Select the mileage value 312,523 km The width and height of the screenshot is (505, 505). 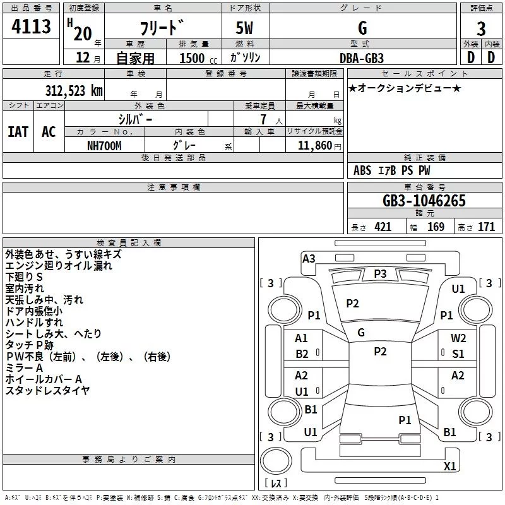coord(74,90)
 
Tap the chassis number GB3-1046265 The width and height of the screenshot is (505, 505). coord(424,201)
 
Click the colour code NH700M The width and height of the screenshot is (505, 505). coord(105,145)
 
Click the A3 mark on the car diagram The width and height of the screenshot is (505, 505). coord(309,258)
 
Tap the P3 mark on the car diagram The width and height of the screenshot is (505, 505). coord(380,273)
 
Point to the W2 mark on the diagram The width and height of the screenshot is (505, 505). coord(458,338)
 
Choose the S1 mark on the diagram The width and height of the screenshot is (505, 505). coord(458,354)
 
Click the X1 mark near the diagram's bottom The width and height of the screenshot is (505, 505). coord(450,466)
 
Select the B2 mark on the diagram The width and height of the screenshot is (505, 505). coord(302,354)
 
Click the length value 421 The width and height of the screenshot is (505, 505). coord(383,227)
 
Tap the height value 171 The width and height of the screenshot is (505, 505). coord(486,227)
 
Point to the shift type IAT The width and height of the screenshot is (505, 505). coord(18,132)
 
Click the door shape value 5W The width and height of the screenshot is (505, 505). coord(246,28)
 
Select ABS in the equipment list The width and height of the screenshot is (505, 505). coord(362,170)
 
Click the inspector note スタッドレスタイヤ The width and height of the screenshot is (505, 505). coord(48,391)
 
